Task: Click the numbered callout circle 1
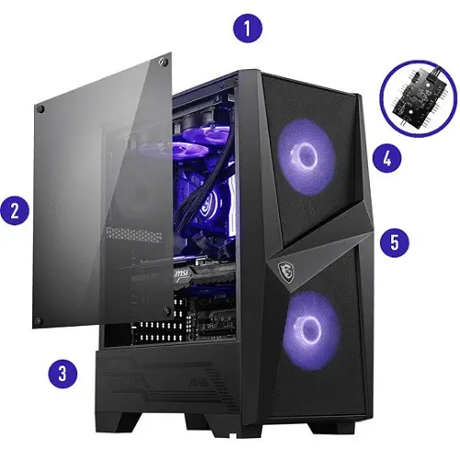(247, 28)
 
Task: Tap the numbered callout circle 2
(15, 211)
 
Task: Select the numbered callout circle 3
(63, 374)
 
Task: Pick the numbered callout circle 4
(387, 158)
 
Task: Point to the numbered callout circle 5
(395, 242)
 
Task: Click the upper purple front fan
(306, 157)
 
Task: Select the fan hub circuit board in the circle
(420, 98)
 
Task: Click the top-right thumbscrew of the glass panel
(164, 63)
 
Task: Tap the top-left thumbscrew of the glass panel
(40, 109)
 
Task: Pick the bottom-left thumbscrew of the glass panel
(38, 322)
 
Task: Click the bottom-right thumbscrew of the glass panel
(167, 311)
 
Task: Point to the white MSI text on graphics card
(181, 274)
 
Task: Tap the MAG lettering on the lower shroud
(199, 382)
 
